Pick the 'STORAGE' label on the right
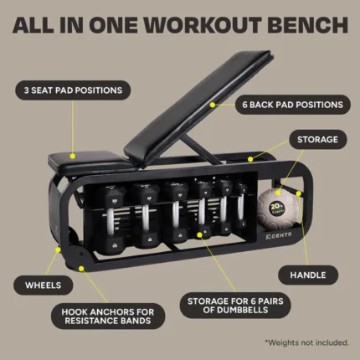pos(319,140)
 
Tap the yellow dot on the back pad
pos(214,105)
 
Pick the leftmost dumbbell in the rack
pos(116,214)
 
